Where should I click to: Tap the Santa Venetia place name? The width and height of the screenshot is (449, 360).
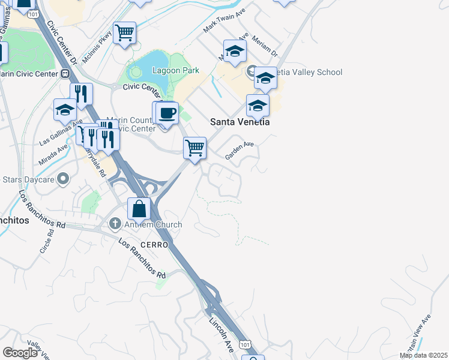(240, 122)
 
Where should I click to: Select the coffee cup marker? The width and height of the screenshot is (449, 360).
(167, 112)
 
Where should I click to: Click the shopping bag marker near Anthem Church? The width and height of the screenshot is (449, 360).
(139, 209)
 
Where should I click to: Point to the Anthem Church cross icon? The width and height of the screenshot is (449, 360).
(115, 224)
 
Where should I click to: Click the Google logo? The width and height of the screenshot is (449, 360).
(20, 353)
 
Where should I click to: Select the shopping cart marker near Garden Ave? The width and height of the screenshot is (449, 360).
(194, 148)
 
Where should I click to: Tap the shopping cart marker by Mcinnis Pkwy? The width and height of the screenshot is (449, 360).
(124, 32)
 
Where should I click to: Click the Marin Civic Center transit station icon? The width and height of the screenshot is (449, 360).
(65, 74)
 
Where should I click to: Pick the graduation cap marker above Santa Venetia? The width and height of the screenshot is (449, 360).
(258, 106)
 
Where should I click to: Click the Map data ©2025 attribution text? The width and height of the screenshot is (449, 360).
(424, 355)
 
